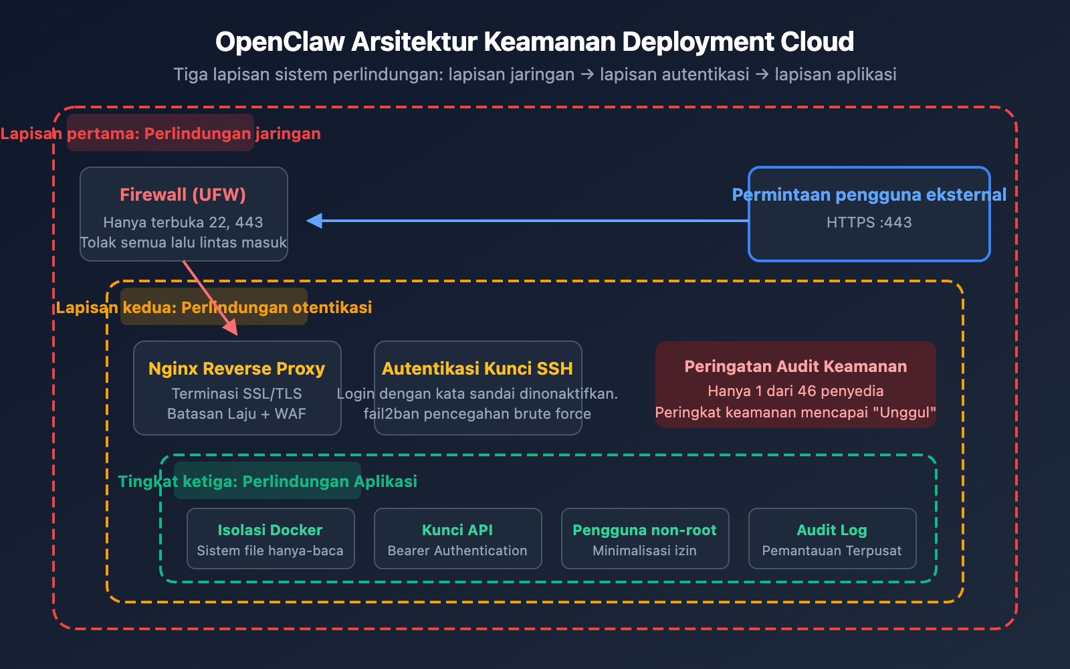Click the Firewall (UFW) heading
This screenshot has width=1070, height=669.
[183, 195]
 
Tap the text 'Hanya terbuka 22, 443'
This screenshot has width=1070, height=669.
[183, 222]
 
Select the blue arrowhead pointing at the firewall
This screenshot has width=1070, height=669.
[314, 221]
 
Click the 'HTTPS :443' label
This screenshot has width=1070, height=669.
[869, 222]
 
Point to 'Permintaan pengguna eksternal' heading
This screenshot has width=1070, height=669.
[869, 195]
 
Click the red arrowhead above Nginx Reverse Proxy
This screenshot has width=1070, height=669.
[231, 327]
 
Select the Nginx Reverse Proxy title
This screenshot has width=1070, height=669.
[237, 369]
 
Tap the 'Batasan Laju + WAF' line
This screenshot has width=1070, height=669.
[237, 413]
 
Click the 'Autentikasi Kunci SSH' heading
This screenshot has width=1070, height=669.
[477, 369]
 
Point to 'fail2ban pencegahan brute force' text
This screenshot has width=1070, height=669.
[477, 413]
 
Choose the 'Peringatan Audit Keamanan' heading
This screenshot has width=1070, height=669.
[795, 367]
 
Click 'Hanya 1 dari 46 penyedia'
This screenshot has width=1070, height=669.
[795, 391]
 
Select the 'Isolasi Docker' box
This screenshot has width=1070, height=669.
[270, 539]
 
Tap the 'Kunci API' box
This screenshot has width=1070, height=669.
[457, 539]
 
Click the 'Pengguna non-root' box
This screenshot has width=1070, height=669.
[645, 539]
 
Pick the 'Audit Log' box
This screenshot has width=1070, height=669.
[832, 539]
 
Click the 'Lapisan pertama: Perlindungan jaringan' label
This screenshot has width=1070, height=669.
[160, 133]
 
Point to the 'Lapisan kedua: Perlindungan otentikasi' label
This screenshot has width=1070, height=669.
[214, 307]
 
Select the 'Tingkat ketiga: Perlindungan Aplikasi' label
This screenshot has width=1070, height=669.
[267, 481]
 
